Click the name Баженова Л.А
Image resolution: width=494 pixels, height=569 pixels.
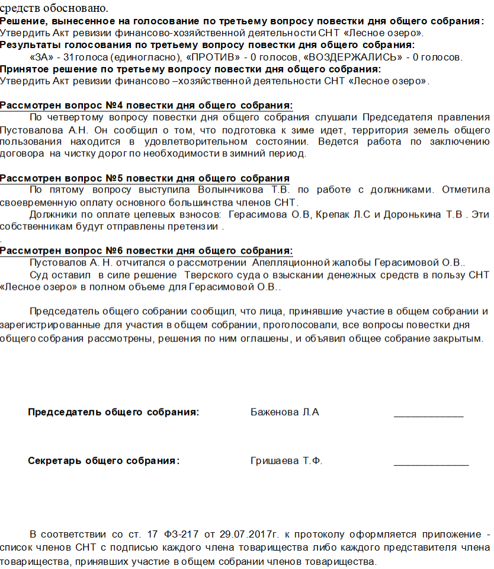[285, 413]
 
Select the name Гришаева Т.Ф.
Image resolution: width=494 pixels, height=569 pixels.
[287, 461]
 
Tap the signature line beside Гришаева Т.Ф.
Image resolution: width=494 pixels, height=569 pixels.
[431, 464]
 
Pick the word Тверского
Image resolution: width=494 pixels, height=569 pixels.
[211, 275]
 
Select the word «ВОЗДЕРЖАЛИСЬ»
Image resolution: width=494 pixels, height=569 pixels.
[347, 57]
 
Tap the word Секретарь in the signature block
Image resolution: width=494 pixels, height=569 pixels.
[54, 461]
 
